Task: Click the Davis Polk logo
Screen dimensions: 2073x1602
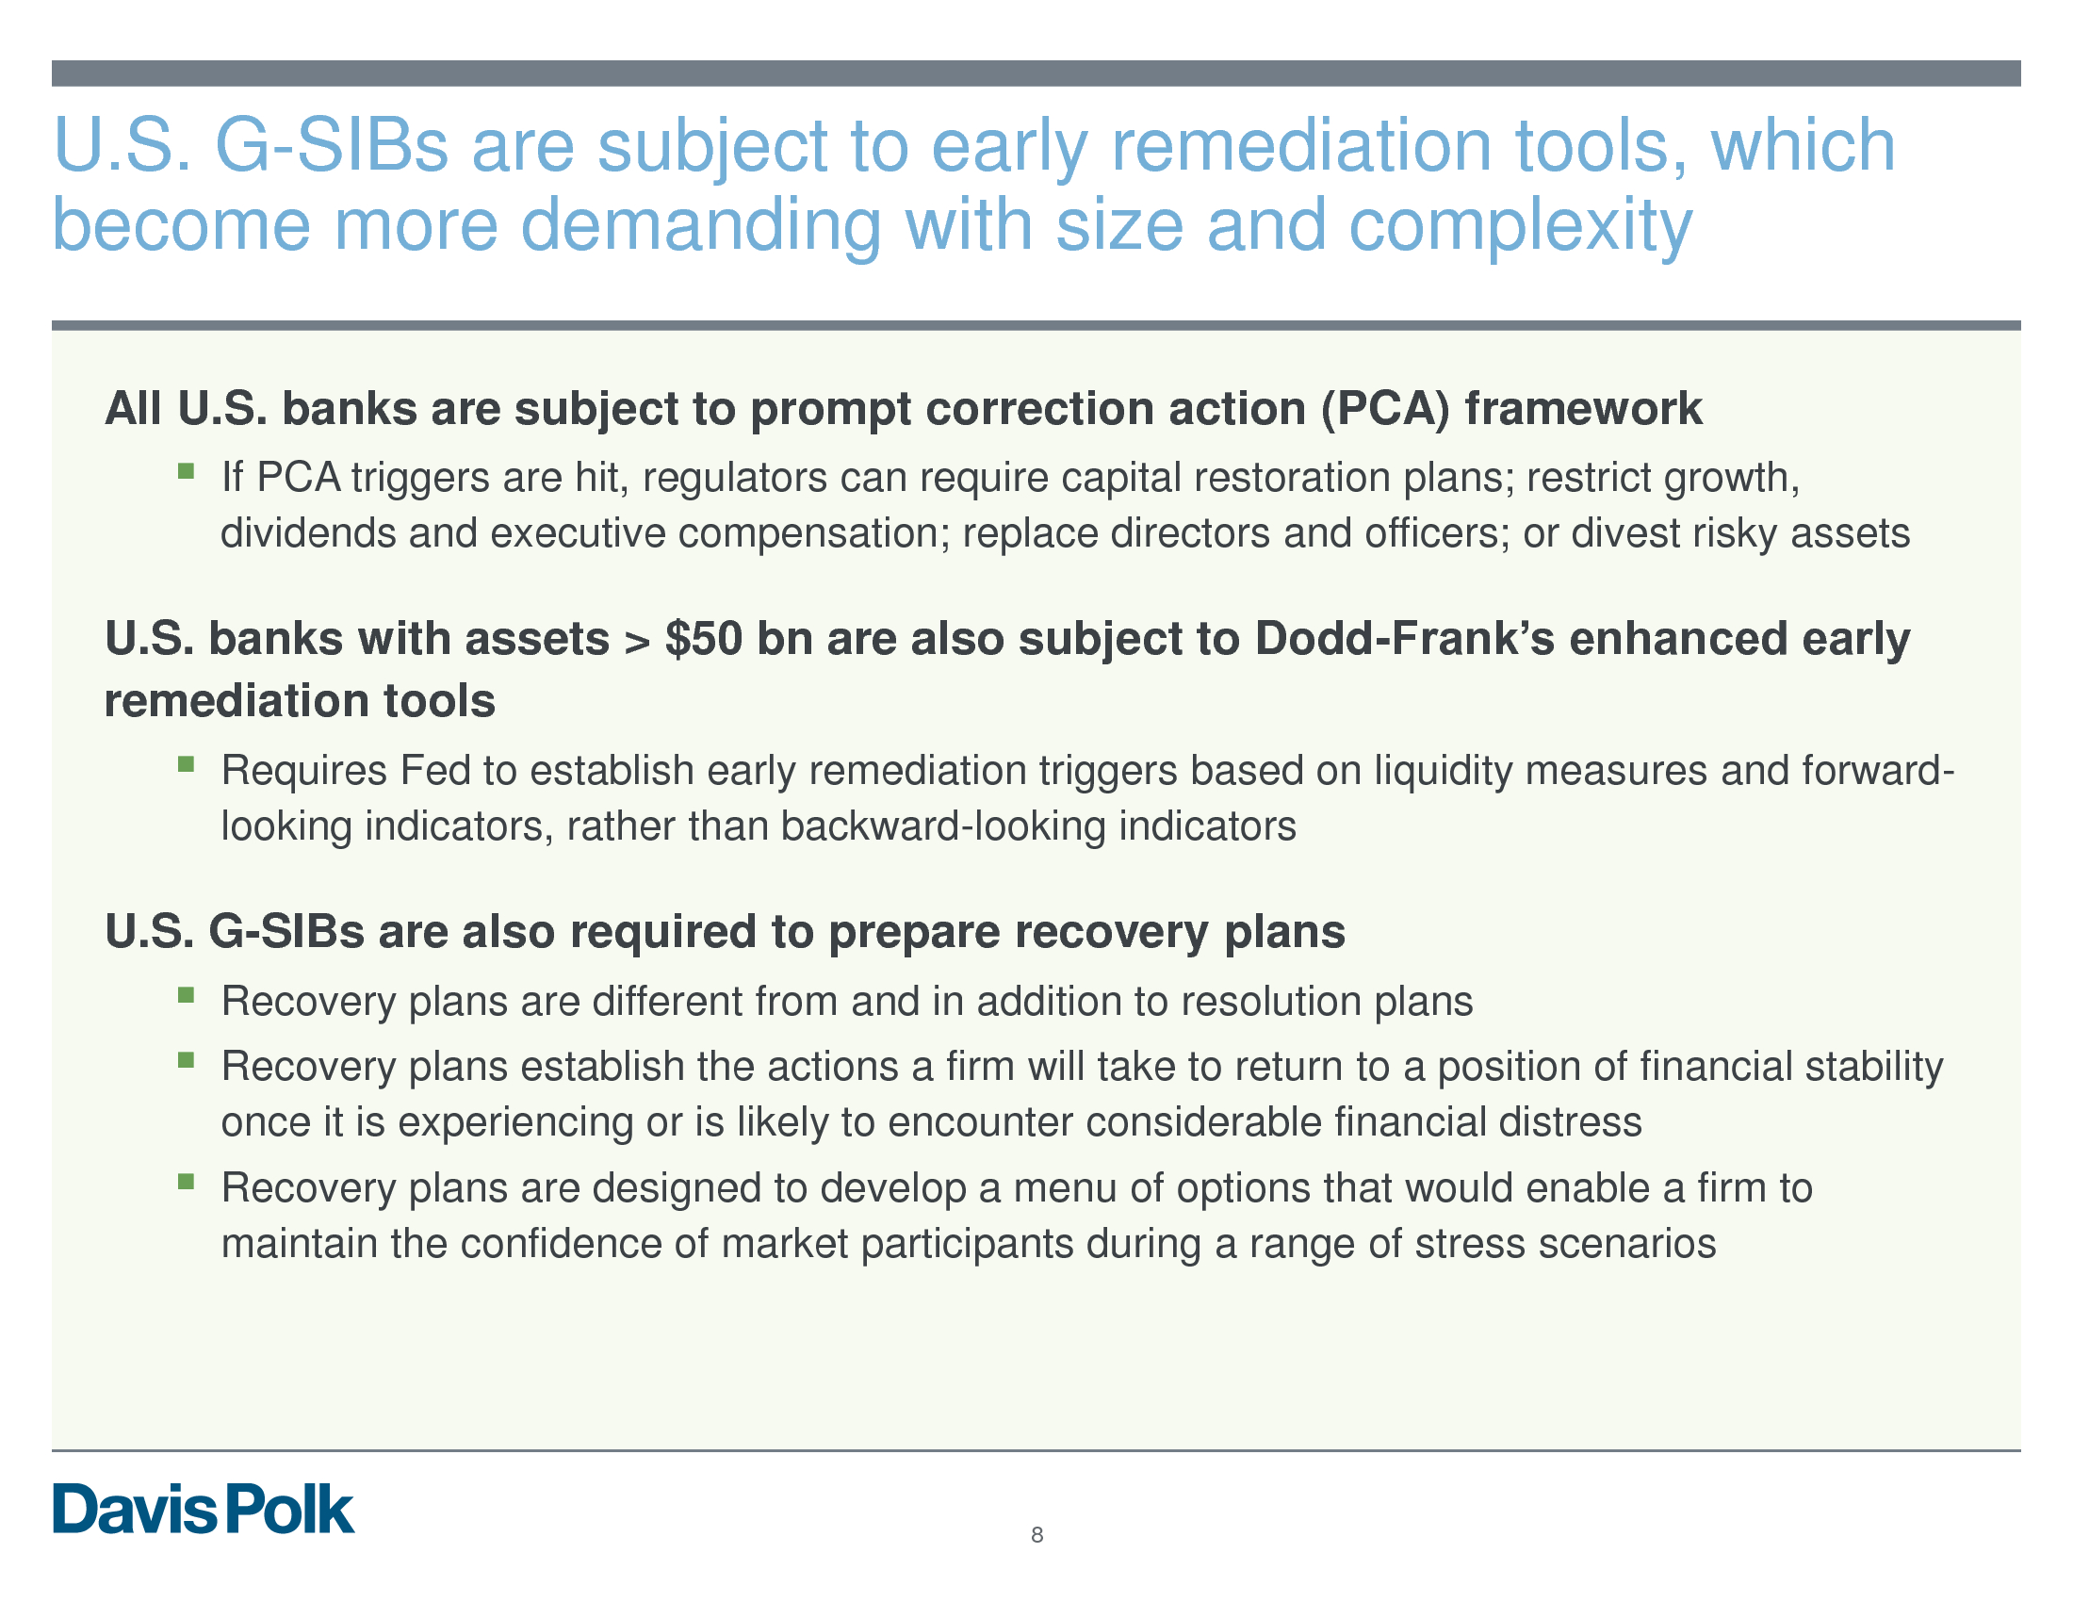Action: pyautogui.click(x=204, y=1509)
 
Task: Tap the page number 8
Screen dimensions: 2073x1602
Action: pyautogui.click(x=1036, y=1534)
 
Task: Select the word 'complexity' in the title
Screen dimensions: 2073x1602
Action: pyautogui.click(x=1520, y=227)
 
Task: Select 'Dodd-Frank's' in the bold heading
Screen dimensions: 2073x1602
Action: pyautogui.click(x=1405, y=639)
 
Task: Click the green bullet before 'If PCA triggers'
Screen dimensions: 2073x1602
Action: pyautogui.click(x=186, y=471)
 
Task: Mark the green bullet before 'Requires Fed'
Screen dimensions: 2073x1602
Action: pyautogui.click(x=186, y=764)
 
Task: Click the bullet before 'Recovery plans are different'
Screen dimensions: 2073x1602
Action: pyautogui.click(x=186, y=994)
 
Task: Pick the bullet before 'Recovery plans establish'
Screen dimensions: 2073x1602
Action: pyautogui.click(x=186, y=1060)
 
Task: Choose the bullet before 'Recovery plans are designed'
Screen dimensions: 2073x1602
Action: pyautogui.click(x=186, y=1182)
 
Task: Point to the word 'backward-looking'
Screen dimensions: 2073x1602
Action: pyautogui.click(x=943, y=826)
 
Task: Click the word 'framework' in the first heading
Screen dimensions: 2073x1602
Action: pyautogui.click(x=1583, y=409)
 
